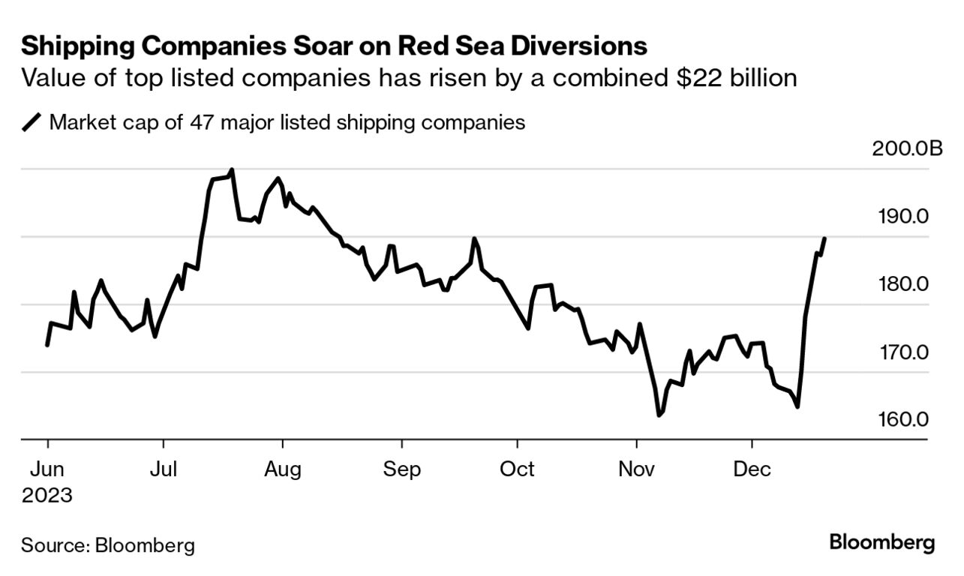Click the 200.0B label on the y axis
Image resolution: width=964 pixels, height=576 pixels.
coord(907,148)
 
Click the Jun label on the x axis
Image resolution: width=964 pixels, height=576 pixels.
coord(47,469)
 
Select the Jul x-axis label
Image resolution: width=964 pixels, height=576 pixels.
coord(164,469)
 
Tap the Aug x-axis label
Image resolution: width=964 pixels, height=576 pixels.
coord(282,470)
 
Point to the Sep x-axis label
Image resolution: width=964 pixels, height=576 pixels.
coord(401,470)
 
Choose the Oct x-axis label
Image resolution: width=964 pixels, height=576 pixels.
coord(518,469)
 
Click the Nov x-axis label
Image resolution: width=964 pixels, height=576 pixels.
coord(636,469)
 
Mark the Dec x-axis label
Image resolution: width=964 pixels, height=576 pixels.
coord(752,469)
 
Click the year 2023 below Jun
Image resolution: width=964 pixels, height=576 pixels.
coord(47,496)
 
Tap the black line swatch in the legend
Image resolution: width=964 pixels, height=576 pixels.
coord(32,122)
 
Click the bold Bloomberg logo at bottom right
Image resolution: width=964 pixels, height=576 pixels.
coord(881,542)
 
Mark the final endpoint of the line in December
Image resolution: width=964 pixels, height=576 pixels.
coord(824,238)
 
